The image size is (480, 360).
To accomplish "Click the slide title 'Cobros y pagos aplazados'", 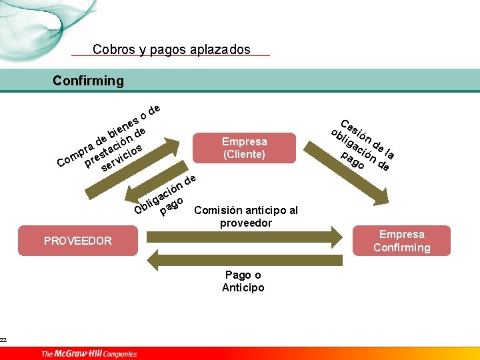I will coord(171,49).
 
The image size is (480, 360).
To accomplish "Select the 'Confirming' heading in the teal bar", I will coord(88,81).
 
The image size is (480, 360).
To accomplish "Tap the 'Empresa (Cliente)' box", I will coord(244,148).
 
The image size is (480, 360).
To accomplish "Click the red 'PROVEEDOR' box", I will coord(78,241).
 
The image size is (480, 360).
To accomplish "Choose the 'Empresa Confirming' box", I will coord(401,241).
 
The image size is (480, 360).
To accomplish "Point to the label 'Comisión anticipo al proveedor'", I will coord(246,217).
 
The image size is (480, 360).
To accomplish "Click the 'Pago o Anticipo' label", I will coord(243,281).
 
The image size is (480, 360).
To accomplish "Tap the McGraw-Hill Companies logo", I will coord(89,354).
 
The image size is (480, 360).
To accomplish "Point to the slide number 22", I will coord(3,340).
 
